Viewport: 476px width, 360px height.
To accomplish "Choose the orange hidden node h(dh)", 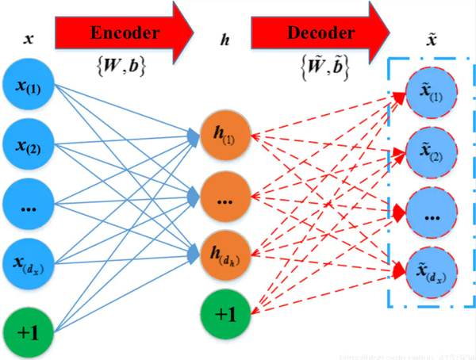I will coord(225,255).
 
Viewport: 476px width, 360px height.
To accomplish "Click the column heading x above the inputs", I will coord(28,37).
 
